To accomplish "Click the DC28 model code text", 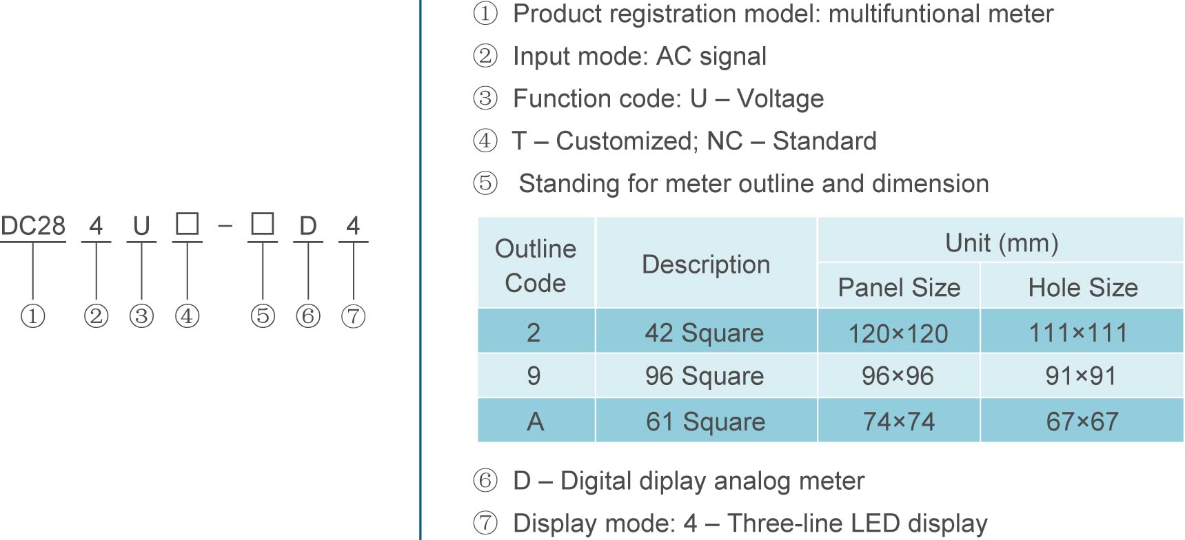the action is pyautogui.click(x=33, y=226).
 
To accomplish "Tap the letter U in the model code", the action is pyautogui.click(x=141, y=226).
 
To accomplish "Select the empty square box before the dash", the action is pyautogui.click(x=187, y=224).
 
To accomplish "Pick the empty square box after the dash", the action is pyautogui.click(x=263, y=224).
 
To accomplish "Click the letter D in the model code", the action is pyautogui.click(x=307, y=226).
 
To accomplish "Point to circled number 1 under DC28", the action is pyautogui.click(x=32, y=316).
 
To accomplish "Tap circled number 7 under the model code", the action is pyautogui.click(x=353, y=316).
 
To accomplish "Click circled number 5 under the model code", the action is pyautogui.click(x=263, y=316).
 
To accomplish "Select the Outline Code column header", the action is pyautogui.click(x=536, y=265).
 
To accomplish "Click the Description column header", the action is pyautogui.click(x=706, y=264).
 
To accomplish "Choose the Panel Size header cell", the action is pyautogui.click(x=899, y=287).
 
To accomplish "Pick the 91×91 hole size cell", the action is pyautogui.click(x=1081, y=376).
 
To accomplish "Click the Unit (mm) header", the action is pyautogui.click(x=1001, y=243).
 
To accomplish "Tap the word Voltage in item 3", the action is pyautogui.click(x=780, y=98).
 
